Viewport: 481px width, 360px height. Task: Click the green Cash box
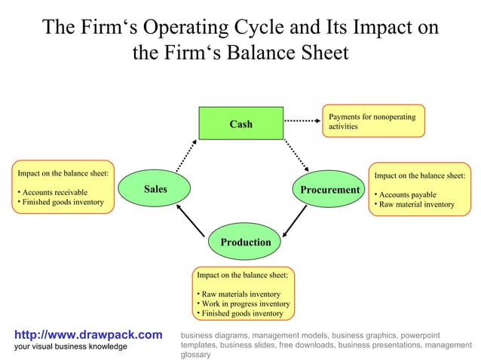[240, 124]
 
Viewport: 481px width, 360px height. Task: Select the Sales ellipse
[155, 189]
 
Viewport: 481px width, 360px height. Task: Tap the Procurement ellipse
[329, 190]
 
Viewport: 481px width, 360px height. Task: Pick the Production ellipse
[245, 242]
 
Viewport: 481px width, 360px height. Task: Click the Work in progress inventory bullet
[244, 304]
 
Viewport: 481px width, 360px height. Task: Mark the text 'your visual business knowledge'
[71, 346]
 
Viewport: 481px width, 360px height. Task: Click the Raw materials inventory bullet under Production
[239, 294]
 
